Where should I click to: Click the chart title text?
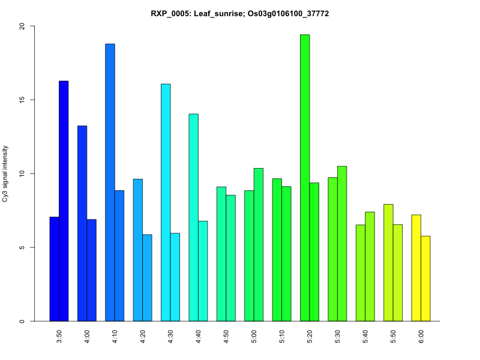click(240, 13)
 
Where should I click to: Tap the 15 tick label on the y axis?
click(22, 100)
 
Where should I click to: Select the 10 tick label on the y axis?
click(22, 174)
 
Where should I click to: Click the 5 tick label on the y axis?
click(22, 248)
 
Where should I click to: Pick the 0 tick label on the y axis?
click(22, 322)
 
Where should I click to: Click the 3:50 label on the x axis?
click(59, 334)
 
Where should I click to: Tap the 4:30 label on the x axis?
click(170, 334)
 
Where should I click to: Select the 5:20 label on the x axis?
click(310, 334)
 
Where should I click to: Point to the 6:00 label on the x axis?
click(421, 334)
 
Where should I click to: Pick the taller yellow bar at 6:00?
click(416, 268)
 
